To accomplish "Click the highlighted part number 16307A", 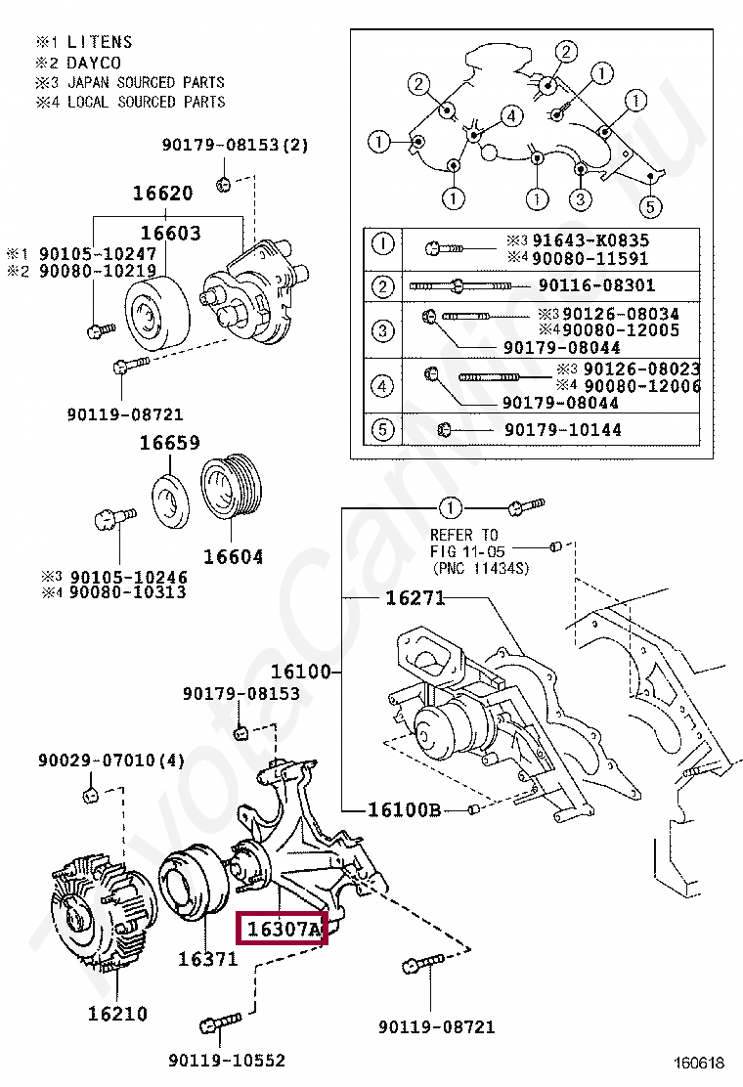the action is click(x=284, y=929).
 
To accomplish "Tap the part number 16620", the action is click(x=163, y=193).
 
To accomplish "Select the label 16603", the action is click(x=170, y=233).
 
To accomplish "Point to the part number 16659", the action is click(x=170, y=442).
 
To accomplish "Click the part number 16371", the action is click(x=208, y=959).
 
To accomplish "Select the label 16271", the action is click(x=415, y=597).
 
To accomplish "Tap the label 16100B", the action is click(x=404, y=809).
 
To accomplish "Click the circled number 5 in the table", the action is click(x=382, y=430).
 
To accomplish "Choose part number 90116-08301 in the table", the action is click(x=596, y=284).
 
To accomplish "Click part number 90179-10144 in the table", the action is click(x=563, y=430).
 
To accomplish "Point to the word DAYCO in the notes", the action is click(x=94, y=63).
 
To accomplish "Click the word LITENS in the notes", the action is click(x=100, y=42).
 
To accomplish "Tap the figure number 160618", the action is click(x=699, y=1062).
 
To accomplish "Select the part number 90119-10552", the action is click(x=227, y=1060).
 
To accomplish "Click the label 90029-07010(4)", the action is click(x=111, y=761).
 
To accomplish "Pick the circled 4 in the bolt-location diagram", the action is click(x=511, y=115).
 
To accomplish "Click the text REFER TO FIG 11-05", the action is click(x=464, y=543).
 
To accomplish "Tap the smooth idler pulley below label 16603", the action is click(x=156, y=311).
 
